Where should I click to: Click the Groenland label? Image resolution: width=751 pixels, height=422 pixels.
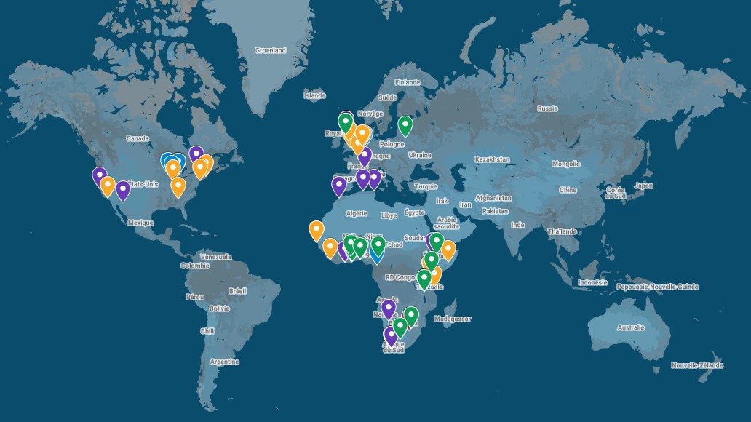(270, 50)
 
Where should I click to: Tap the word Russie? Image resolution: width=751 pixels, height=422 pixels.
(547, 108)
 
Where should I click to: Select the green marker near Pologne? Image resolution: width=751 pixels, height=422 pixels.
(405, 126)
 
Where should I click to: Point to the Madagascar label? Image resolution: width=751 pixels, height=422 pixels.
(453, 319)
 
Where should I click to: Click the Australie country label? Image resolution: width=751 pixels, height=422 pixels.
(630, 327)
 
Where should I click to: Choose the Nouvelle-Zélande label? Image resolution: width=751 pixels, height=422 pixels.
(697, 365)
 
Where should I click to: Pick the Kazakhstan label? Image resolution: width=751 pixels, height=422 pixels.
(492, 159)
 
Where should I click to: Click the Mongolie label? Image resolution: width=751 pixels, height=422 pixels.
(565, 164)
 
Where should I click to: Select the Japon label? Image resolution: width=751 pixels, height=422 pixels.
(643, 186)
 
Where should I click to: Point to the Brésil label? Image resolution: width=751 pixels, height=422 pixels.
(237, 290)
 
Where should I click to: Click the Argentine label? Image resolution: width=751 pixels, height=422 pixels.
(223, 362)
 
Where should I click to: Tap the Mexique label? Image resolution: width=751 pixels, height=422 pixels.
(140, 223)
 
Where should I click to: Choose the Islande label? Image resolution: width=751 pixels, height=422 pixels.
(315, 95)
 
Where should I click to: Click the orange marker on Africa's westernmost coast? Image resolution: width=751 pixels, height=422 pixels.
(317, 231)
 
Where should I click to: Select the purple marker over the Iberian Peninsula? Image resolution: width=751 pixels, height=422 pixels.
(339, 186)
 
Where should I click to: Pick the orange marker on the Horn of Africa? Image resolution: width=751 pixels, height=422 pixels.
(448, 250)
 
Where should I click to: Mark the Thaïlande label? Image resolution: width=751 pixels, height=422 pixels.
(563, 231)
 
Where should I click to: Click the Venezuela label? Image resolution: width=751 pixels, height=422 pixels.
(215, 257)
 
